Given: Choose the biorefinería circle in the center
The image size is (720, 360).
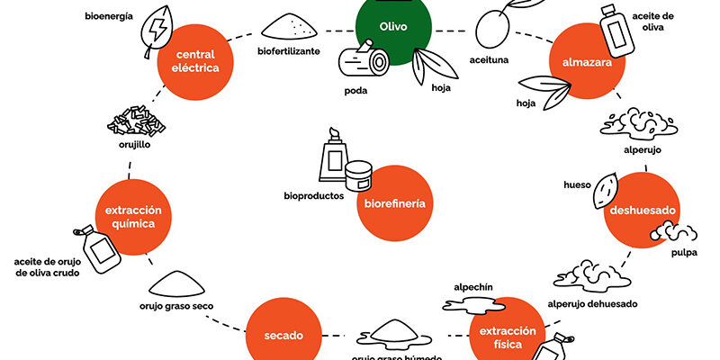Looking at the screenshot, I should pyautogui.click(x=393, y=203).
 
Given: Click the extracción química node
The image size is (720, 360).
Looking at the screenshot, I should pyautogui.click(x=138, y=217).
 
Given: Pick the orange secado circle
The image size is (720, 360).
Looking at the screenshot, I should pyautogui.click(x=283, y=335).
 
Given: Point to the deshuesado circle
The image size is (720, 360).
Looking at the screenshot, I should pyautogui.click(x=641, y=211).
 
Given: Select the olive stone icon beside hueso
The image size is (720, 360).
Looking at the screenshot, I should pyautogui.click(x=607, y=191).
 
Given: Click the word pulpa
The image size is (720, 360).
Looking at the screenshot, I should pyautogui.click(x=683, y=253).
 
